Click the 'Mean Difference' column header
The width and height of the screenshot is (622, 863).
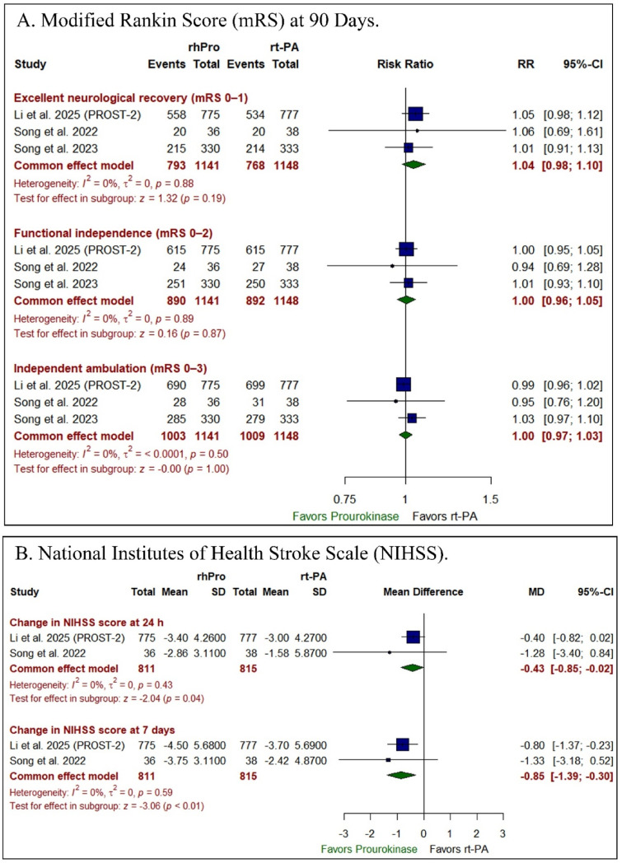coord(423,591)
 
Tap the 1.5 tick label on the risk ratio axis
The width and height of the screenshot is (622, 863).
coord(491,498)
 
